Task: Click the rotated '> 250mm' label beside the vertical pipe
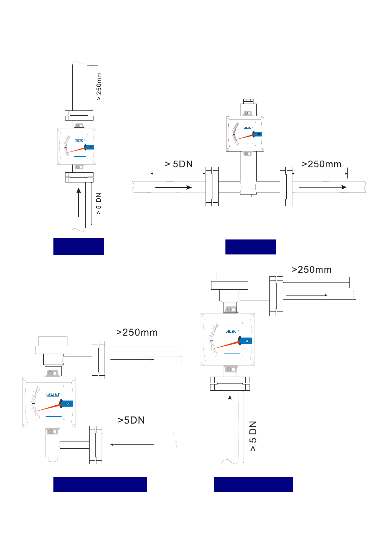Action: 99,86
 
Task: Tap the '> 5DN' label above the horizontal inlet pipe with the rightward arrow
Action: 179,164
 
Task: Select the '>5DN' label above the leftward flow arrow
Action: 131,420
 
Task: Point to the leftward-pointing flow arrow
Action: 132,444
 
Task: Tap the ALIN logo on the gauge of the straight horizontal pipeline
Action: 248,128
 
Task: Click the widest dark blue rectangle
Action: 100,484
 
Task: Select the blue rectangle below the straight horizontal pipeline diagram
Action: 251,247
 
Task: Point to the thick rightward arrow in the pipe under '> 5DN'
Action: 174,187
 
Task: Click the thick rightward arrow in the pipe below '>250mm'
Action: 323,187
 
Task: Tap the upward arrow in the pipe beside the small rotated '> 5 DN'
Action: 79,202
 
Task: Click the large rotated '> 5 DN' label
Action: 253,436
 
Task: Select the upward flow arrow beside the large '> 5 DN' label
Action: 230,416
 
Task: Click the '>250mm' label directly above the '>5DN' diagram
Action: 137,333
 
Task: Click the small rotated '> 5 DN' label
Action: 98,203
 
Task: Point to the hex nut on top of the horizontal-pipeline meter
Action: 248,101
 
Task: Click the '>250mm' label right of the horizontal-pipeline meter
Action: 322,164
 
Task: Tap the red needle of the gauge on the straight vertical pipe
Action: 77,150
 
